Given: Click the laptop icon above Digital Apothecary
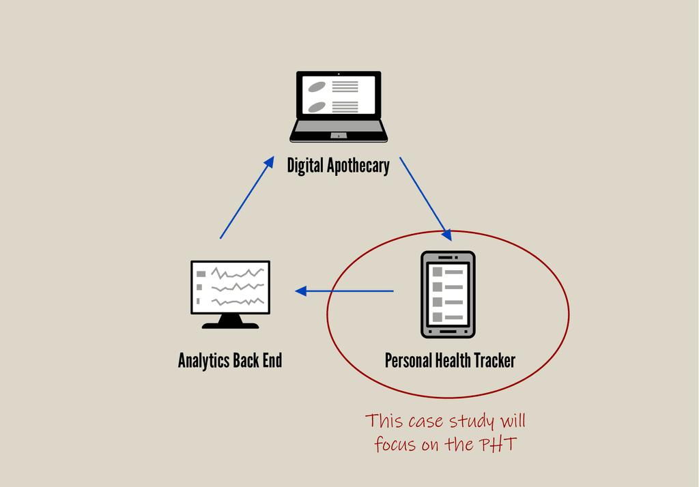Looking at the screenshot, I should [339, 106].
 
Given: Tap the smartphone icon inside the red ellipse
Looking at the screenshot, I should [448, 294].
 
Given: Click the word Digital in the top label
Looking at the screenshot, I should [305, 166].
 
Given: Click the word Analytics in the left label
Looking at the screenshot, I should [203, 360].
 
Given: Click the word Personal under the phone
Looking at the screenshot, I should [407, 360].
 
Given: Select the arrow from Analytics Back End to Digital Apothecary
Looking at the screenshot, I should [246, 197].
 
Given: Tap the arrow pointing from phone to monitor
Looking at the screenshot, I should [345, 291].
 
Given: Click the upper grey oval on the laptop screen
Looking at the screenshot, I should [316, 87].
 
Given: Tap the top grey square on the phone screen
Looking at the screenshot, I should [437, 271].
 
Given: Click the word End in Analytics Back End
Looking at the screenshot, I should [272, 360].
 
